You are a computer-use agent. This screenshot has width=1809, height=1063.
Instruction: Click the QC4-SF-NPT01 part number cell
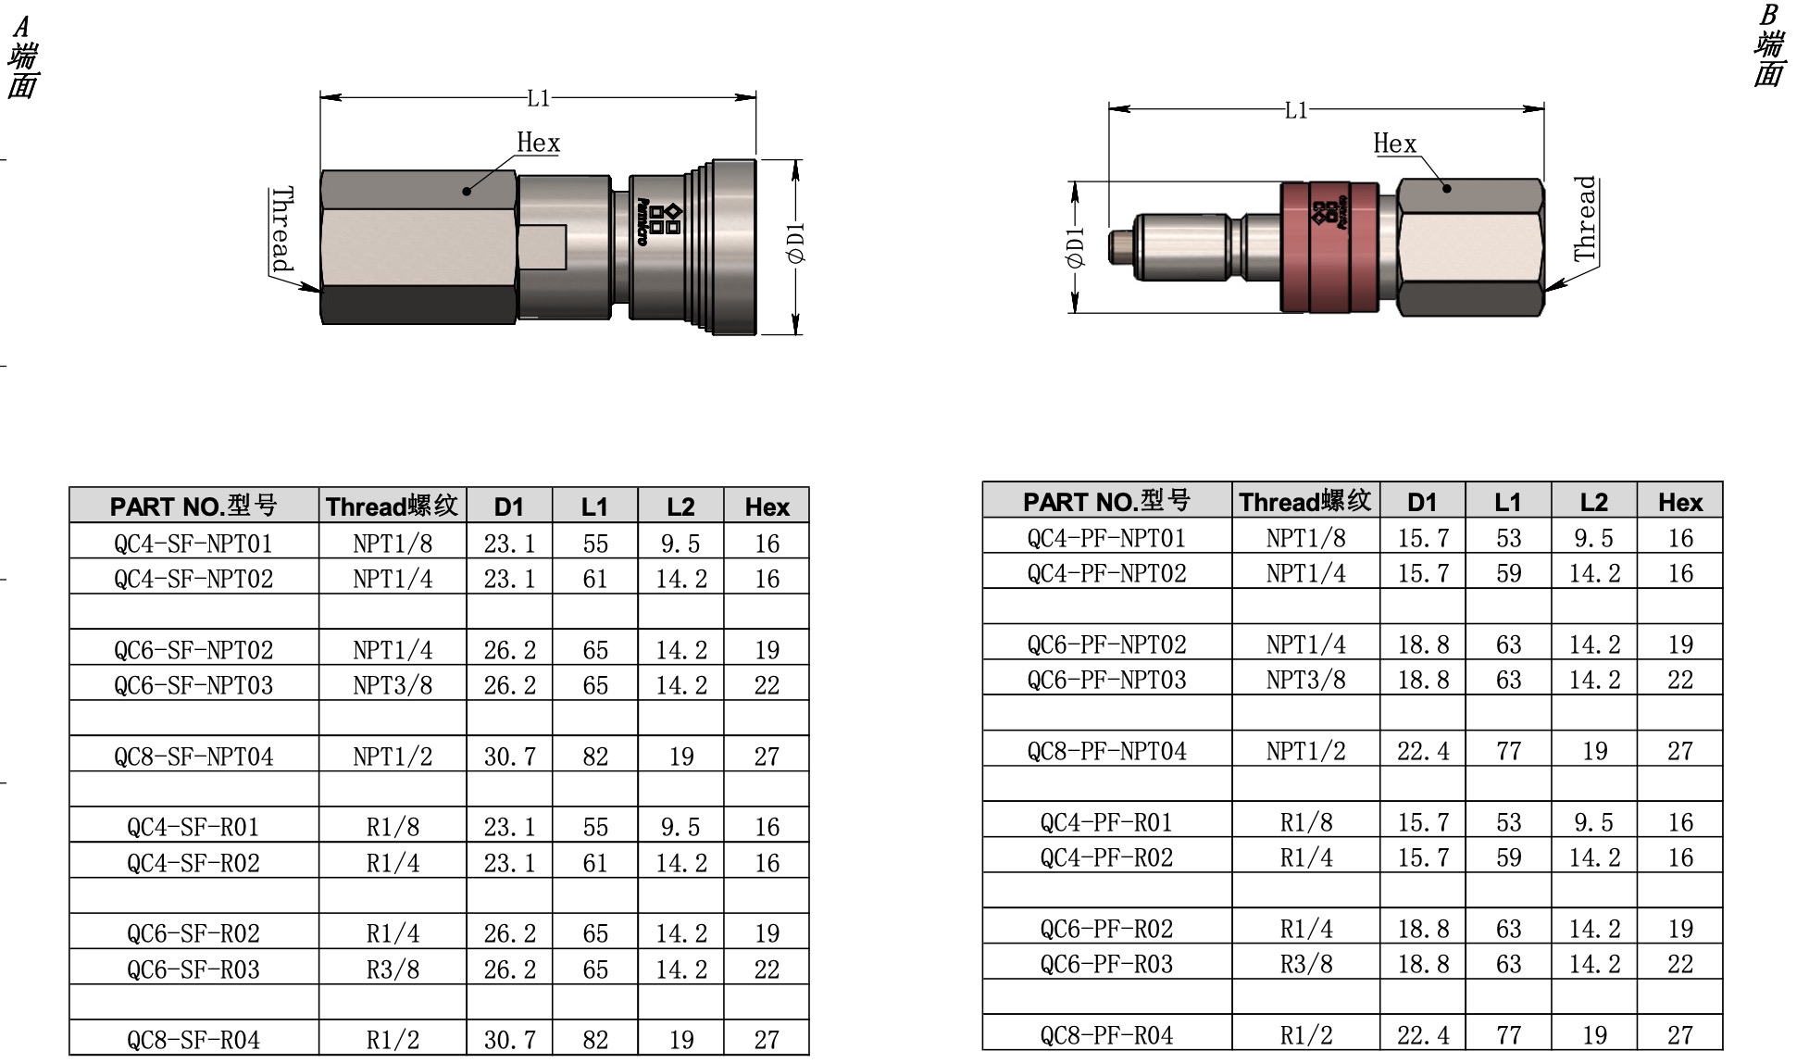click(193, 543)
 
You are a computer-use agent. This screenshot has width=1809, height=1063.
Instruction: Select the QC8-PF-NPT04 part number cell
click(1106, 750)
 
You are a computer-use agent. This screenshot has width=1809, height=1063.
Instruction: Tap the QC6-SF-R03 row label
click(193, 969)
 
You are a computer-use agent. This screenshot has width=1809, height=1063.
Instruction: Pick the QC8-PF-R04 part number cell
click(1106, 1034)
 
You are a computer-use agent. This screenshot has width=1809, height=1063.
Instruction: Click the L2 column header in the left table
click(680, 506)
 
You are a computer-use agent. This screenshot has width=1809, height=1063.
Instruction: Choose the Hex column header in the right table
click(1679, 502)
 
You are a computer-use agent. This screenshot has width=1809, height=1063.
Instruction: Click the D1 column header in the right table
click(1422, 502)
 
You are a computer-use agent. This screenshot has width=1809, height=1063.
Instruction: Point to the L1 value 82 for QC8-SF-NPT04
click(595, 756)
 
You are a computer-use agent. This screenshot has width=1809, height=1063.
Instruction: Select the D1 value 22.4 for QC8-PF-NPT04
click(1423, 750)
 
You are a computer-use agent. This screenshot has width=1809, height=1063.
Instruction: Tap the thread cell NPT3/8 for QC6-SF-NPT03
click(393, 684)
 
